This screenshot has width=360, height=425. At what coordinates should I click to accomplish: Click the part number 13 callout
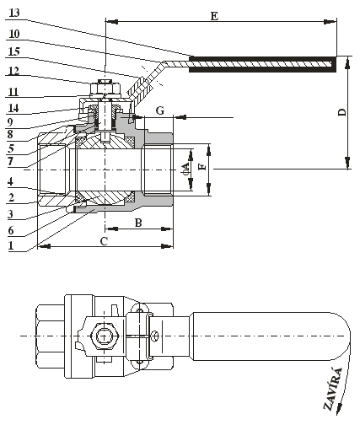(x=14, y=13)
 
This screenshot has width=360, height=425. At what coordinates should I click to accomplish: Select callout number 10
(x=14, y=34)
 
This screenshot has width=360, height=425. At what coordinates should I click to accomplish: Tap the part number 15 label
(x=14, y=52)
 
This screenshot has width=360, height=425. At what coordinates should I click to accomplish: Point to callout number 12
(x=13, y=71)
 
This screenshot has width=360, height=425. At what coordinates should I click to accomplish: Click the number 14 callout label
(x=13, y=108)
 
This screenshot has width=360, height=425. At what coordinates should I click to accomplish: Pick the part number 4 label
(x=10, y=181)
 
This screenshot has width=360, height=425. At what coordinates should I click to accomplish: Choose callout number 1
(x=11, y=245)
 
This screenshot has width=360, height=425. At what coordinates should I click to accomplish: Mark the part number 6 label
(x=11, y=230)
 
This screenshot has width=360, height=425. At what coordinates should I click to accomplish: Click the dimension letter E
(x=214, y=16)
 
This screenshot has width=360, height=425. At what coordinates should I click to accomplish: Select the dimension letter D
(x=342, y=112)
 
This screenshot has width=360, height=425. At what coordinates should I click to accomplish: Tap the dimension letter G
(x=160, y=110)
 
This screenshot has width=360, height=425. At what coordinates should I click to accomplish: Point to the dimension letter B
(x=138, y=223)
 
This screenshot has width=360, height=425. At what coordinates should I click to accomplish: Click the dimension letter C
(x=104, y=241)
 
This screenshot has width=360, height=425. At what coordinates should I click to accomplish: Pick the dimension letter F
(x=202, y=167)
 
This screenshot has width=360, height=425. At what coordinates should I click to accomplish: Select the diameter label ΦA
(x=185, y=168)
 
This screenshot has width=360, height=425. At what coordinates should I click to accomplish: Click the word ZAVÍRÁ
(x=334, y=389)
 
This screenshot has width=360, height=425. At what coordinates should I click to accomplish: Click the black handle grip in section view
(x=262, y=64)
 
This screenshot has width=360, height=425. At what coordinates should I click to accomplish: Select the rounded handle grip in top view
(x=270, y=336)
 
